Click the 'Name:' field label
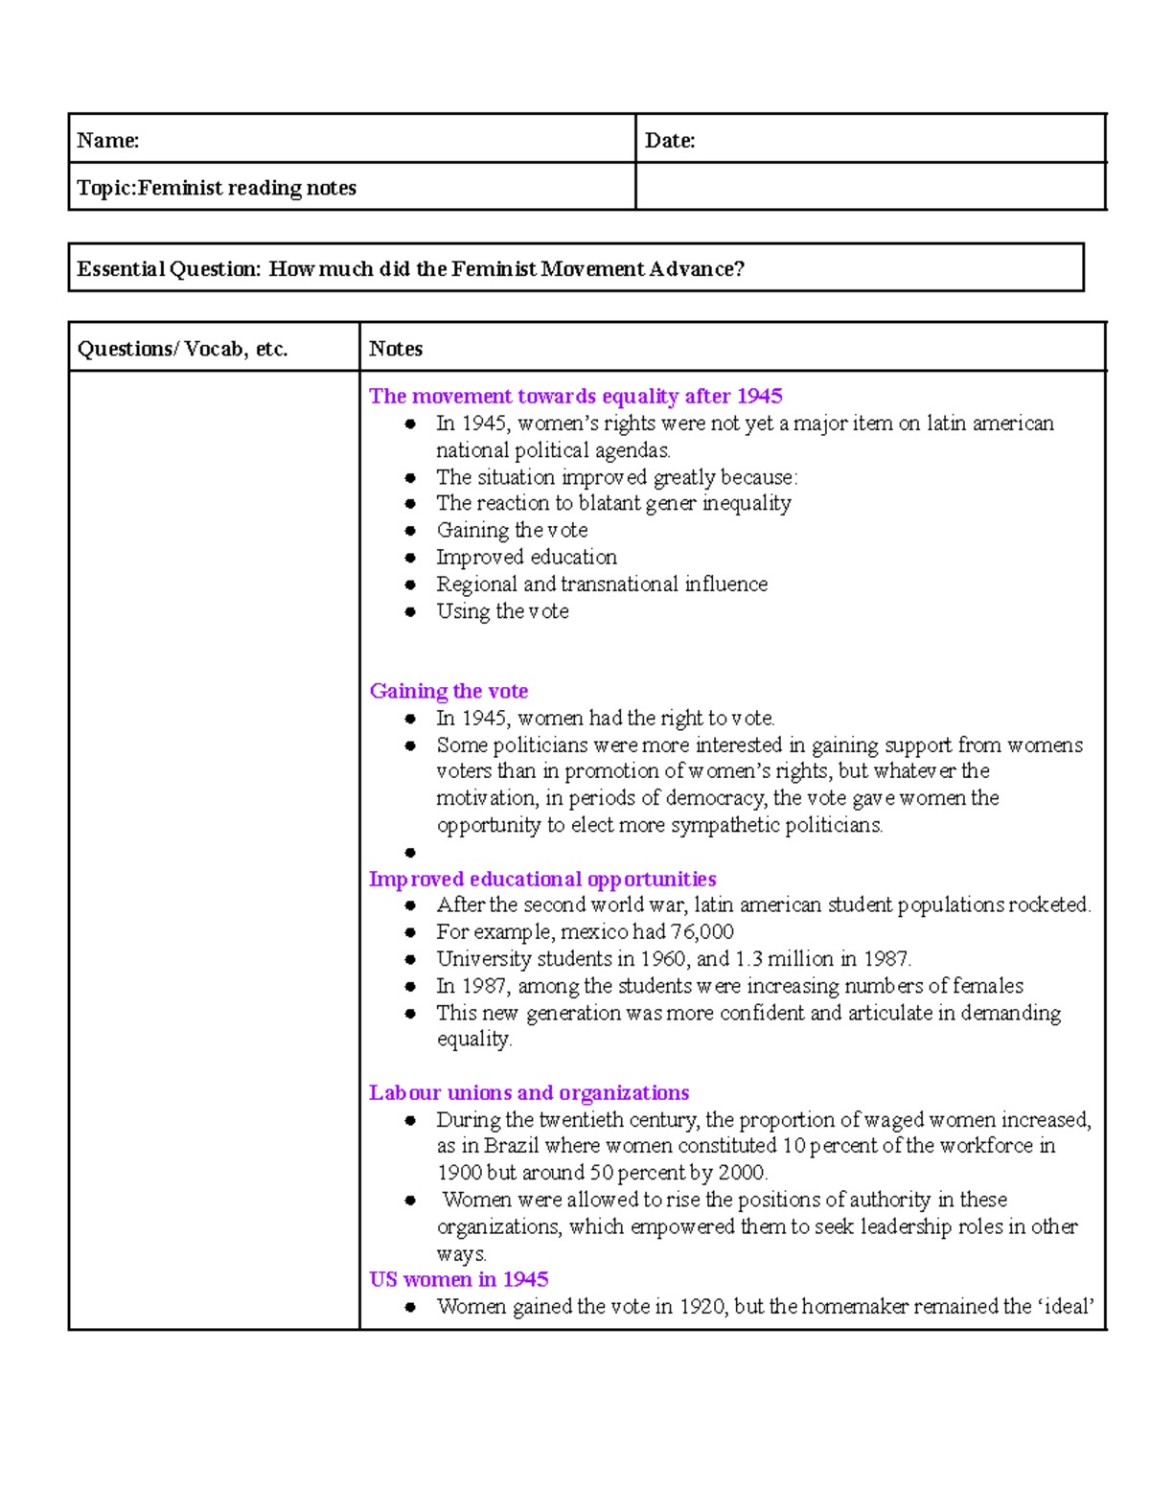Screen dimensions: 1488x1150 click(x=107, y=141)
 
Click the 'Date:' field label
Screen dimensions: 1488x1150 click(x=670, y=141)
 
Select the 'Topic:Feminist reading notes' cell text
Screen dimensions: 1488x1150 click(x=217, y=188)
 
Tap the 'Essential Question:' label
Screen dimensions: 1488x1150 click(x=169, y=269)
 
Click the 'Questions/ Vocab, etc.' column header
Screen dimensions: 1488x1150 click(x=182, y=349)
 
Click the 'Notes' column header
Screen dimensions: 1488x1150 click(x=396, y=349)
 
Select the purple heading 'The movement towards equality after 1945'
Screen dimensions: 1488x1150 click(x=575, y=396)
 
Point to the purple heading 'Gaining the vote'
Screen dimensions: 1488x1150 click(x=448, y=691)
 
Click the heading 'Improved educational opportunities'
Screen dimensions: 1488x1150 click(x=542, y=879)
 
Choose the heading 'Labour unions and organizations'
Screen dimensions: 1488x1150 click(x=529, y=1092)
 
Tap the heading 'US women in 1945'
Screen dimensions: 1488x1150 click(x=458, y=1279)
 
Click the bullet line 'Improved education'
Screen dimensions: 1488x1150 click(x=526, y=557)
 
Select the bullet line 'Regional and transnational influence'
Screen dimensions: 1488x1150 click(x=602, y=584)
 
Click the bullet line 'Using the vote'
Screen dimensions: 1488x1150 click(x=502, y=611)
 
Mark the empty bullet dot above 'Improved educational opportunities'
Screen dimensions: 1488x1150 click(x=410, y=852)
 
